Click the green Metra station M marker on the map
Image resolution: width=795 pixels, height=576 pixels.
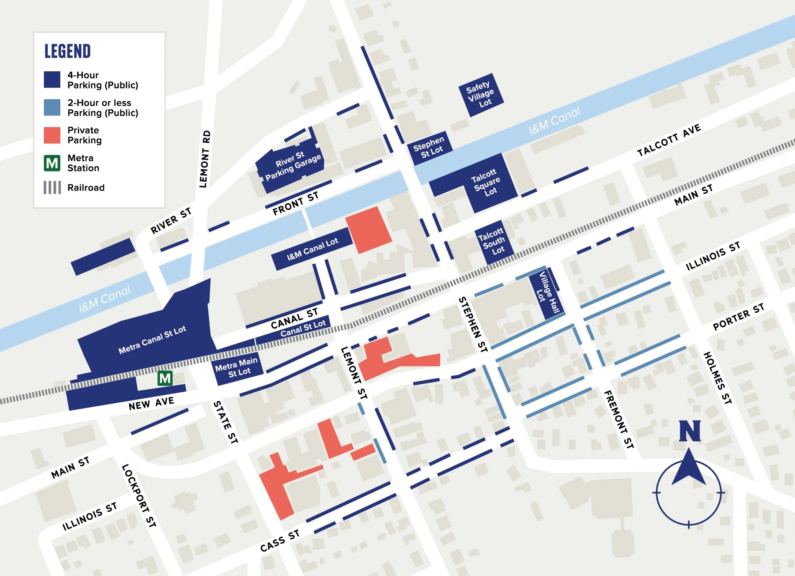point(165,378)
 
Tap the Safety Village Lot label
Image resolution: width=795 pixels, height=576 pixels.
point(481,95)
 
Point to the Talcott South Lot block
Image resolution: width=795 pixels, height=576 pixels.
point(494,241)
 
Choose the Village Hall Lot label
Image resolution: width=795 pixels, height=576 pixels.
point(547,293)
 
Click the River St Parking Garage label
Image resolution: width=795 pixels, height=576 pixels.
point(292,166)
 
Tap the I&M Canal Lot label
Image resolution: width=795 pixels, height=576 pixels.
point(312,249)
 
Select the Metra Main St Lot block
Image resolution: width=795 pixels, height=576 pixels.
point(238,367)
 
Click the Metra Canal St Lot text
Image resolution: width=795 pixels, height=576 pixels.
point(152,340)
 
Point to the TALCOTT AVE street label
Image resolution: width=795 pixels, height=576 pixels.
point(669,140)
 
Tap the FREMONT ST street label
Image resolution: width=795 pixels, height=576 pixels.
point(618,419)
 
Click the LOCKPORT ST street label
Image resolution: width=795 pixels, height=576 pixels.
point(139,495)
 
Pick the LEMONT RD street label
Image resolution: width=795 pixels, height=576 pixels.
point(205,159)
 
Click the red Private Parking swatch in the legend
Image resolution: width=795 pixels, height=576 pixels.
point(52,135)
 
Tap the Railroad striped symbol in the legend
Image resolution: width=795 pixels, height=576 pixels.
point(52,188)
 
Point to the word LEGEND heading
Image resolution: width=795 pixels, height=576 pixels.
point(68,51)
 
